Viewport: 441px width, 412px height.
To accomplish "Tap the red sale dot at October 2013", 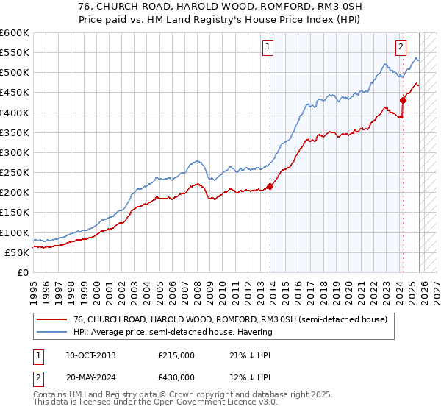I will [x=270, y=186].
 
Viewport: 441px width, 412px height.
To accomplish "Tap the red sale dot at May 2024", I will [x=403, y=101].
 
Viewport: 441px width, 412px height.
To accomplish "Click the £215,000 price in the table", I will [x=176, y=355].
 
